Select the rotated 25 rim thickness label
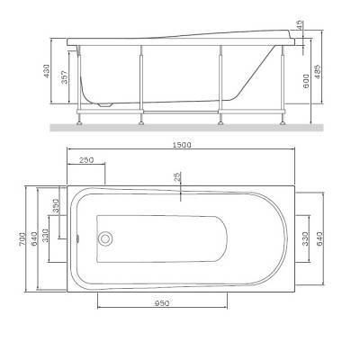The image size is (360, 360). pos(178,177)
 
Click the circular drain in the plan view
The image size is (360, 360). pos(105,239)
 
